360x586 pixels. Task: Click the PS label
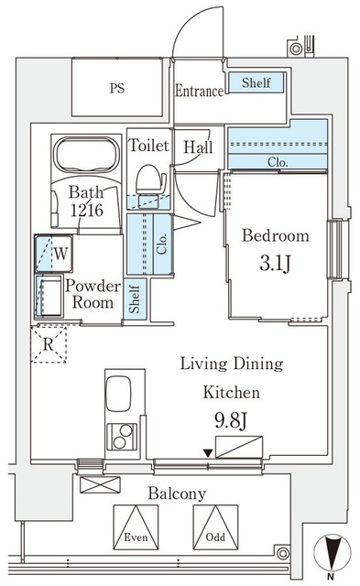pyautogui.click(x=116, y=90)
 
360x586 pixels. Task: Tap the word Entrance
pyautogui.click(x=200, y=92)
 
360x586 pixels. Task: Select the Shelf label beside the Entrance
pyautogui.click(x=256, y=83)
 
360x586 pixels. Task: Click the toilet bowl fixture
pyautogui.click(x=147, y=180)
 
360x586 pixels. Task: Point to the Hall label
pyautogui.click(x=199, y=146)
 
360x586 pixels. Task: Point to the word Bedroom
pyautogui.click(x=275, y=236)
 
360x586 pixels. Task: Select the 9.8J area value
pyautogui.click(x=231, y=423)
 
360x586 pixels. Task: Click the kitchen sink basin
pyautogui.click(x=121, y=394)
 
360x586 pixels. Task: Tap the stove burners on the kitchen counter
pyautogui.click(x=121, y=438)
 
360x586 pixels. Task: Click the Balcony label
pyautogui.click(x=179, y=494)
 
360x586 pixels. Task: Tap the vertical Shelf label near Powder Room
pyautogui.click(x=135, y=298)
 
